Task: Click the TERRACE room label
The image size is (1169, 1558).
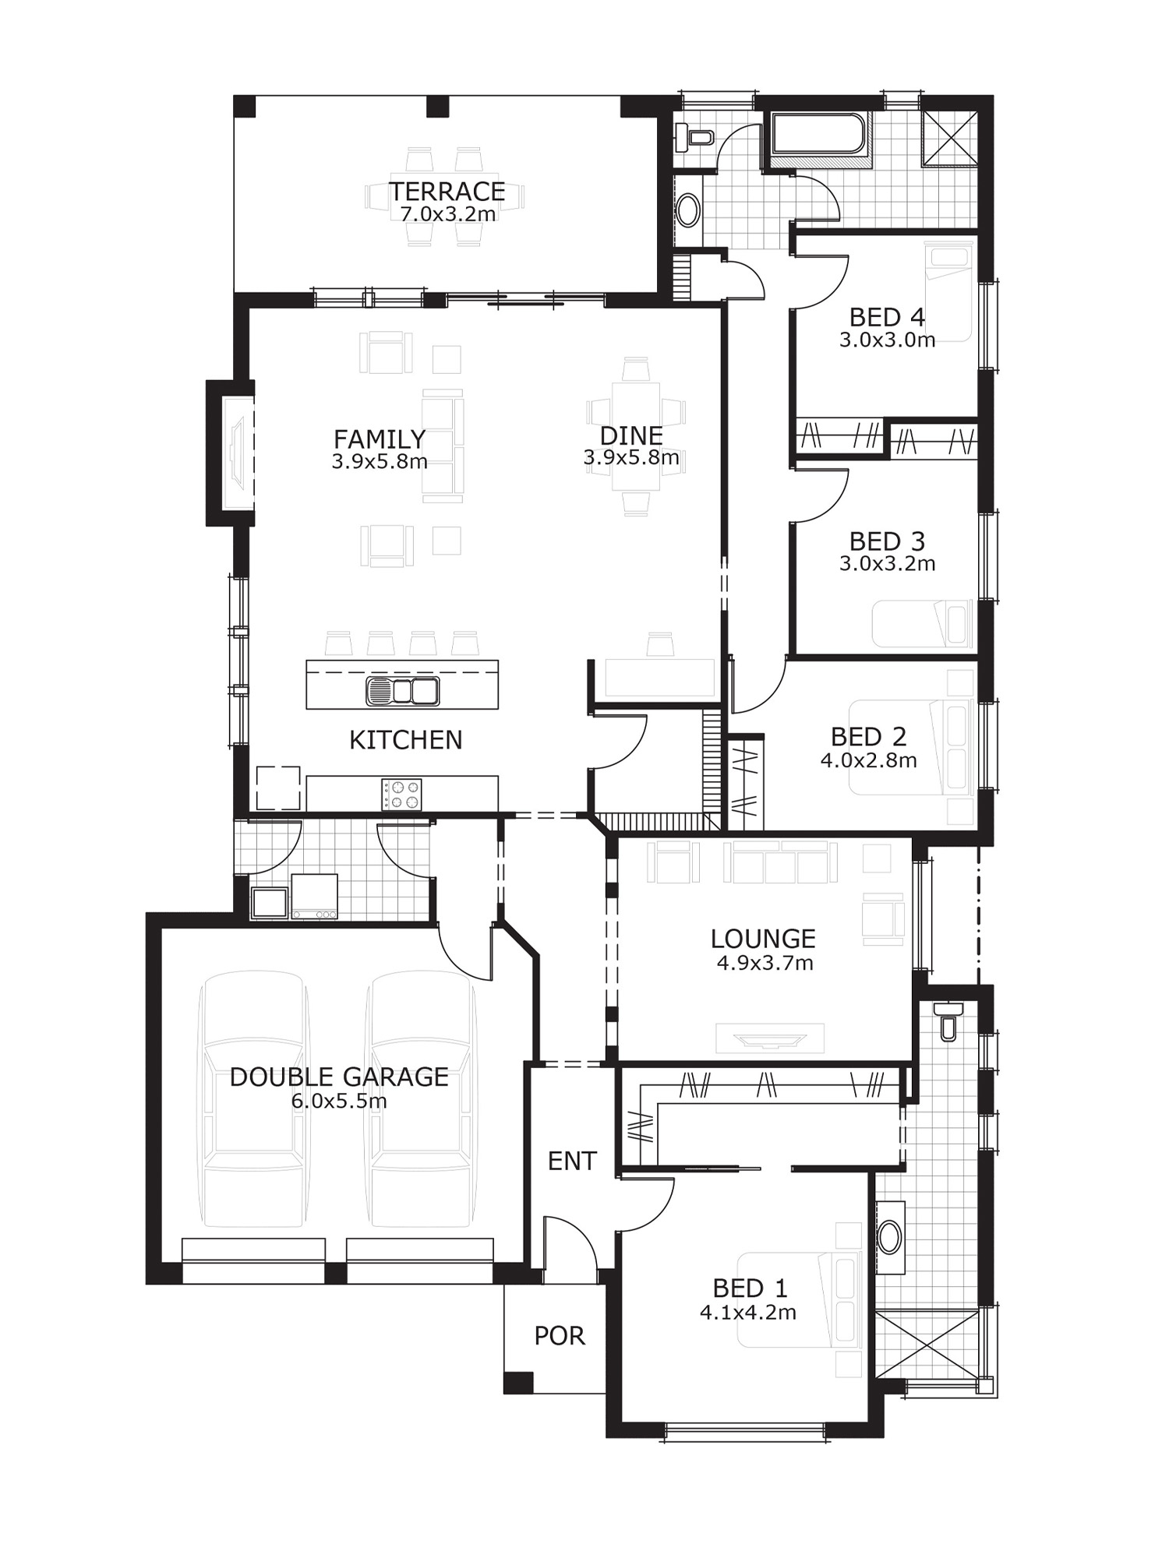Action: (447, 192)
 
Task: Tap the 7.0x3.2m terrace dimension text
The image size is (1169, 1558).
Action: (448, 213)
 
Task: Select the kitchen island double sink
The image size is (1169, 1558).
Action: (402, 691)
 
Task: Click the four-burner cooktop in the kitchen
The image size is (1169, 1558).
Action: (401, 794)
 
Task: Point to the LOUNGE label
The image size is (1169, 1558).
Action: (764, 939)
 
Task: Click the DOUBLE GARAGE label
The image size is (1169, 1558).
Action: (339, 1077)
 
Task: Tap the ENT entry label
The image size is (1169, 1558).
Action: (572, 1161)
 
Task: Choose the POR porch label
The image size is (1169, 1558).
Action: (560, 1336)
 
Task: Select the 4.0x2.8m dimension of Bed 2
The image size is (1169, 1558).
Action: (868, 760)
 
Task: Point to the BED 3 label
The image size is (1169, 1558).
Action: (887, 541)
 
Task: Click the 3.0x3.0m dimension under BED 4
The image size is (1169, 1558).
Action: (887, 340)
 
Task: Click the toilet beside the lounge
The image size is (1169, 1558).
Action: (948, 1021)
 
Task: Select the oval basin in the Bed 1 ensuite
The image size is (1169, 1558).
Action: (889, 1236)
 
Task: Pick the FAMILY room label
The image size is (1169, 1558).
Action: (380, 439)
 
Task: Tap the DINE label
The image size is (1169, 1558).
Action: (631, 435)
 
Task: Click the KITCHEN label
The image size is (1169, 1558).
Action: (405, 739)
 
